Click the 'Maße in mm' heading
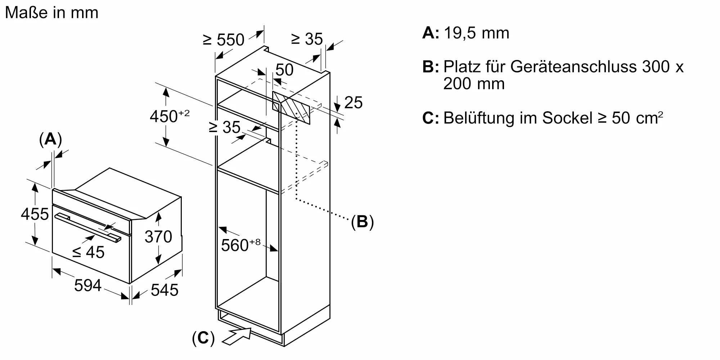pyautogui.click(x=52, y=13)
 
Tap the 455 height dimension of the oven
pyautogui.click(x=35, y=214)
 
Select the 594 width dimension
pyautogui.click(x=87, y=286)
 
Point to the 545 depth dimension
pyautogui.click(x=165, y=290)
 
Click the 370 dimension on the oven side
pyautogui.click(x=158, y=237)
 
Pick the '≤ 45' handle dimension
pyautogui.click(x=89, y=252)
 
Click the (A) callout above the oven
pyautogui.click(x=50, y=139)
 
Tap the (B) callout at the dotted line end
pyautogui.click(x=362, y=222)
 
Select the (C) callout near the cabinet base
pyautogui.click(x=203, y=338)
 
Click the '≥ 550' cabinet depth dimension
pyautogui.click(x=224, y=40)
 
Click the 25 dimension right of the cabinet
pyautogui.click(x=353, y=103)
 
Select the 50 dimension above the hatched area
pyautogui.click(x=284, y=70)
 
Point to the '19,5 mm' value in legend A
pyautogui.click(x=477, y=33)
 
